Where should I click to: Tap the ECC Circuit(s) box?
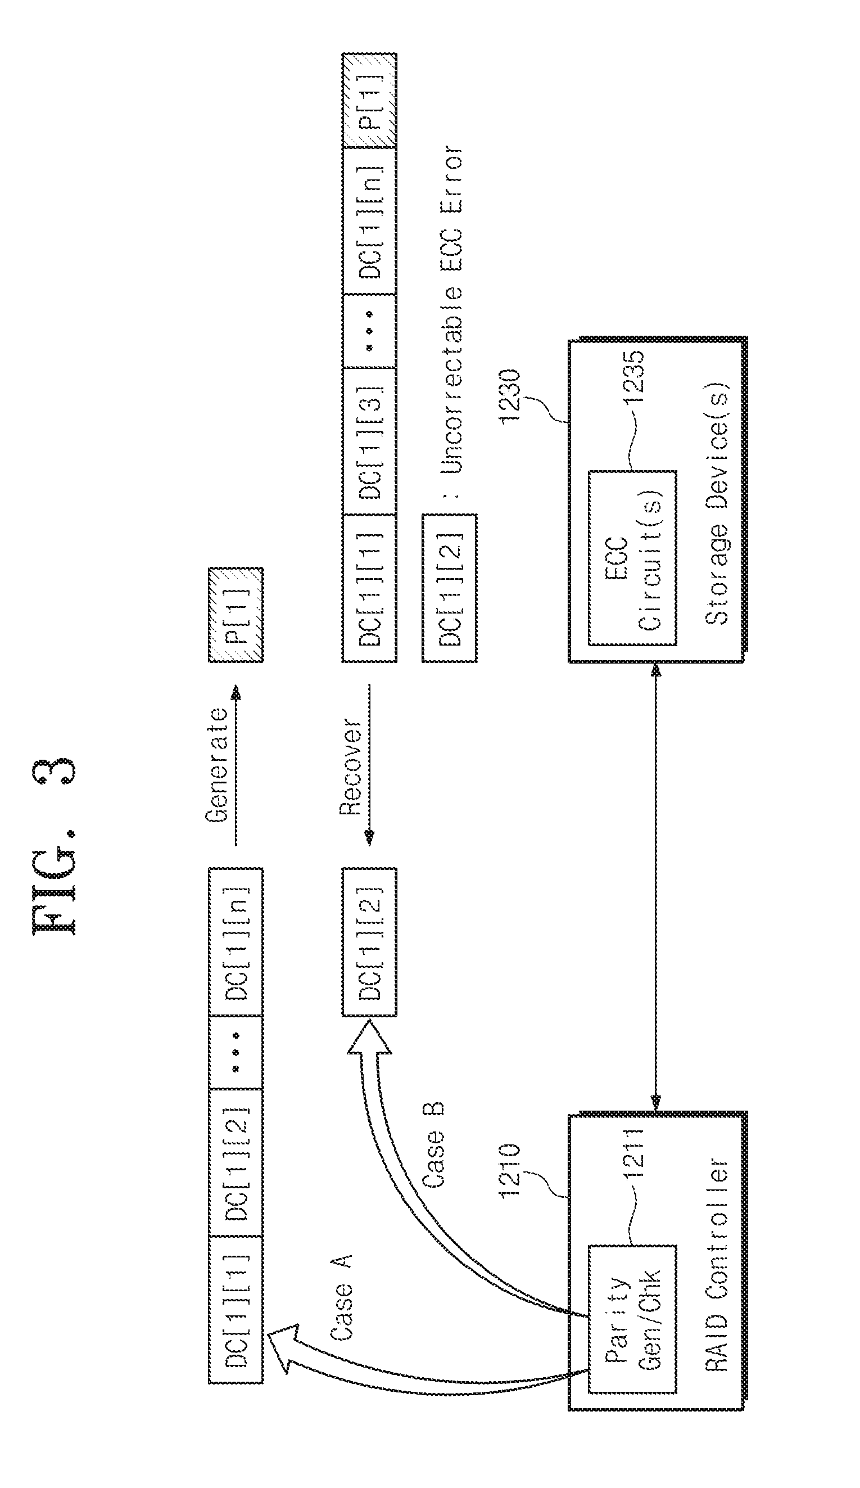coord(632,557)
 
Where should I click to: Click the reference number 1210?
coord(509,1170)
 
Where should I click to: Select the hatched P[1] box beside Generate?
coord(236,614)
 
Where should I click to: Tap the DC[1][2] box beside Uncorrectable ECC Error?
coord(449,588)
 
